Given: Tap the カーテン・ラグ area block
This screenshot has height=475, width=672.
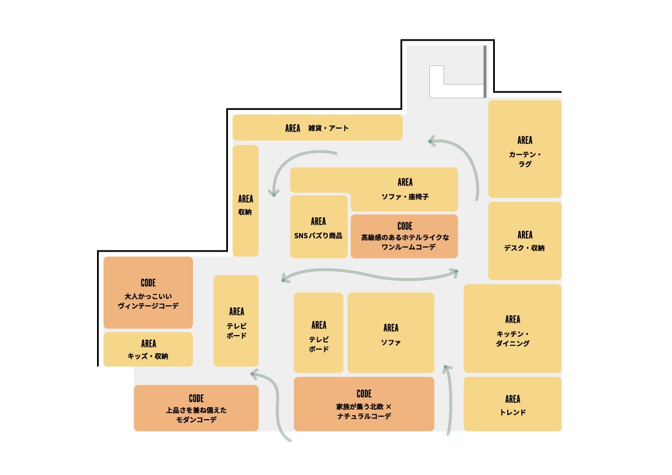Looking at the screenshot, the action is point(525,149).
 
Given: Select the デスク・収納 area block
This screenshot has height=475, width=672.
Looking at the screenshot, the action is point(525,241).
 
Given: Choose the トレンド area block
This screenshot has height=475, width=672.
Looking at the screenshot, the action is point(512,404).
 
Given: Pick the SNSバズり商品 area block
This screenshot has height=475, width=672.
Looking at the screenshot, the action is point(318,227).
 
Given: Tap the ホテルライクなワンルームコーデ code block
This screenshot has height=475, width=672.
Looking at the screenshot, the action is point(404,236).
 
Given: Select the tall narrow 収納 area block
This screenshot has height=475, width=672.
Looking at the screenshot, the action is point(245,201).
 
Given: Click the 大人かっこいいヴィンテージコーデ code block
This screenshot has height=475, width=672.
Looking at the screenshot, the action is point(148,293).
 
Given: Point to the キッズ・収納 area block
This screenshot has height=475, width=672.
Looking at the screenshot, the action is point(148,349).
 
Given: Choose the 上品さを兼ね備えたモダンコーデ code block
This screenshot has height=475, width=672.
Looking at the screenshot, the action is point(196,408).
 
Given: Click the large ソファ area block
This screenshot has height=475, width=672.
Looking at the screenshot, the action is point(390,333).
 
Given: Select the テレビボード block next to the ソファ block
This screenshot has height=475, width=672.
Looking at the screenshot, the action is point(318,333).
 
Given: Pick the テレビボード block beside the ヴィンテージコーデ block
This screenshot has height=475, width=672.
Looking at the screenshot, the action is point(236,321).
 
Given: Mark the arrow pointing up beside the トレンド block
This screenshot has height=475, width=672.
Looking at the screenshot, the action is point(449,401).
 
